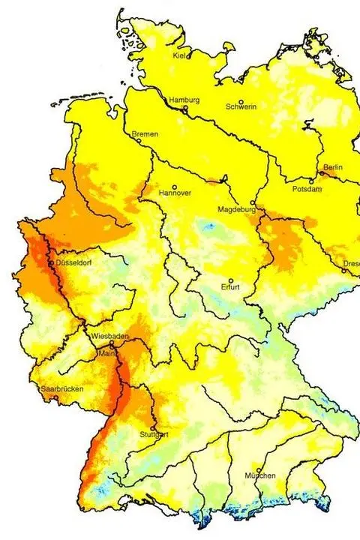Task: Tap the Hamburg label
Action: coord(184,100)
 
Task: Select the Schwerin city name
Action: coord(241,107)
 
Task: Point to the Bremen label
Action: coord(145,134)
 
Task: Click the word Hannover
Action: coord(175,193)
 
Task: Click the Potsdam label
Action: coord(307,189)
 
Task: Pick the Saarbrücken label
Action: coord(61,388)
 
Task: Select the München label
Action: coord(260,476)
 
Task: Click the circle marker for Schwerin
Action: coord(241,102)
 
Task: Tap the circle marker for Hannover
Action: coord(175,187)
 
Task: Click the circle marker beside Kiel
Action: coord(189,55)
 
